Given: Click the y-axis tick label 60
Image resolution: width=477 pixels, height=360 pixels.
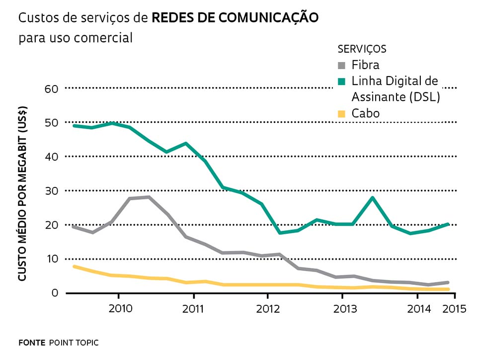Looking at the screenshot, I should pos(52,89).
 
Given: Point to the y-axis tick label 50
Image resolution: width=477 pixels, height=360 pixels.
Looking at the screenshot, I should pos(52,122).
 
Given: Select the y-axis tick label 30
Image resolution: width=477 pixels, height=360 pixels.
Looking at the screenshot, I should pos(52,191).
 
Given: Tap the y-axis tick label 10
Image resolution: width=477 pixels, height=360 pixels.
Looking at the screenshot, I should pos(52,259).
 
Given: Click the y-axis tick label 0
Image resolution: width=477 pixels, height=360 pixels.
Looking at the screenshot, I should pos(55,293).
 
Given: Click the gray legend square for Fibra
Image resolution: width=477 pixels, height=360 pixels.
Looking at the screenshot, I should pos(341,65).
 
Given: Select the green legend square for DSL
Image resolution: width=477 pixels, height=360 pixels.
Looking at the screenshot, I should pos(341,81).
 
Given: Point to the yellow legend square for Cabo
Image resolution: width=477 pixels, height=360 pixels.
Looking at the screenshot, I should pos(341,114).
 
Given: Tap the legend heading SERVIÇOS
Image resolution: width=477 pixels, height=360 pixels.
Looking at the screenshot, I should pos(362,49).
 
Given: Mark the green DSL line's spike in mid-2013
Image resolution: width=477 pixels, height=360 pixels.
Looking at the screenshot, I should pos(372,198).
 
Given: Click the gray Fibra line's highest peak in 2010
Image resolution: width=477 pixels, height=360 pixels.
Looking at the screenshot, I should pos(149,197).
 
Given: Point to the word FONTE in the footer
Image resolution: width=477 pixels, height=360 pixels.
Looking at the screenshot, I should pos(31,343).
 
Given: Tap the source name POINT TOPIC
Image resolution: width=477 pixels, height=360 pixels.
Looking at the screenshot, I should pos(74,343).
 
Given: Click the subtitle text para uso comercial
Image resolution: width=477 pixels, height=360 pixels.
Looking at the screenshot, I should pos(76,38).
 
